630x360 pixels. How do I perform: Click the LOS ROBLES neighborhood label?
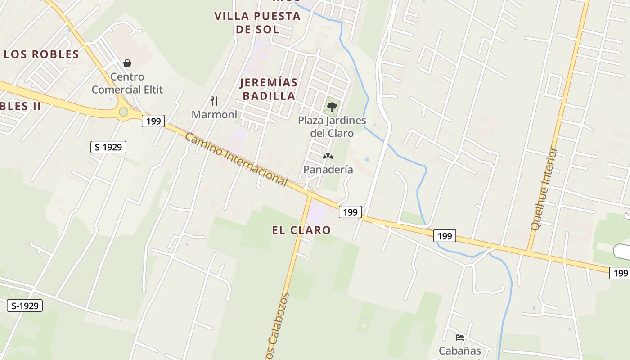pos(41,54)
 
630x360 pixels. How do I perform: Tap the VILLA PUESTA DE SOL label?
pos(257,22)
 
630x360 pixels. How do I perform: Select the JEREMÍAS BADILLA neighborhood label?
pos(269,89)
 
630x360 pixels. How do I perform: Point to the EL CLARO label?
pos(301,230)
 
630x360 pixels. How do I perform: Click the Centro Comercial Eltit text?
pos(127,83)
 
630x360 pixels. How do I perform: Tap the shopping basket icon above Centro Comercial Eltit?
pos(127,63)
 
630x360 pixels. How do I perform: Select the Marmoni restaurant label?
pos(214,115)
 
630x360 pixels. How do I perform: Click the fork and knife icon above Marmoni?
pos(214,101)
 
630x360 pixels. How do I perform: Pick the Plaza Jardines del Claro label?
pos(332,127)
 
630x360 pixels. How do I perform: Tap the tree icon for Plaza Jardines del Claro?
pos(332,107)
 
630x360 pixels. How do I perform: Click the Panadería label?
pos(328,170)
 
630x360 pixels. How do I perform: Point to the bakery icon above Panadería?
pos(328,157)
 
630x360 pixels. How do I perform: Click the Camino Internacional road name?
pos(236,160)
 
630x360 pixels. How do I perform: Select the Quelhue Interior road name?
pos(544,189)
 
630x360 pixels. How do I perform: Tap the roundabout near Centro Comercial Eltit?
pos(123,112)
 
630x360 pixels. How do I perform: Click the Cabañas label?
pos(460,351)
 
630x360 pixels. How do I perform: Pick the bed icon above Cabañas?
pos(460,337)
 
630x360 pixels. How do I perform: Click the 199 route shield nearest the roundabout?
pos(153,121)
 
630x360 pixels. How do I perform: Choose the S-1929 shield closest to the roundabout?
pos(108,147)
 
